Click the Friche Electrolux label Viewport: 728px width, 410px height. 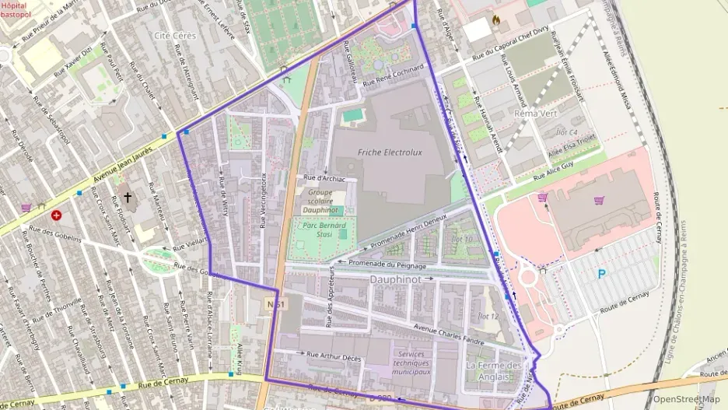[390, 152]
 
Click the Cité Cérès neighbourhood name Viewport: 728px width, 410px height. [174, 36]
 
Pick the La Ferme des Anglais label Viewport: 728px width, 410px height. [493, 370]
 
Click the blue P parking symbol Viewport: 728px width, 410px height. [600, 274]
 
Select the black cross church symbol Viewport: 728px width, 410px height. [128, 198]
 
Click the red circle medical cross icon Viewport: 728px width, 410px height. [56, 216]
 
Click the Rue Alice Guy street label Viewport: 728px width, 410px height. [553, 171]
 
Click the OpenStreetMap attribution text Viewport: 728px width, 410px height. [686, 399]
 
